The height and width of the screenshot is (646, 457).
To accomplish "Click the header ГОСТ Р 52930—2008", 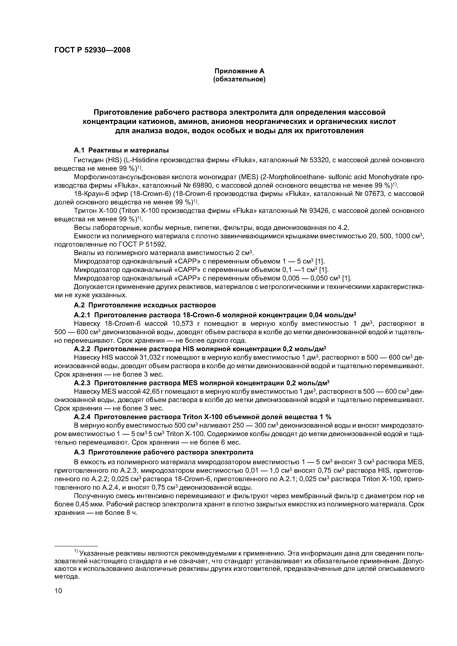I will coord(92,50).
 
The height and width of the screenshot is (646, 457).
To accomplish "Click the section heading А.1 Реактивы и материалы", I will coord(121,150).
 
